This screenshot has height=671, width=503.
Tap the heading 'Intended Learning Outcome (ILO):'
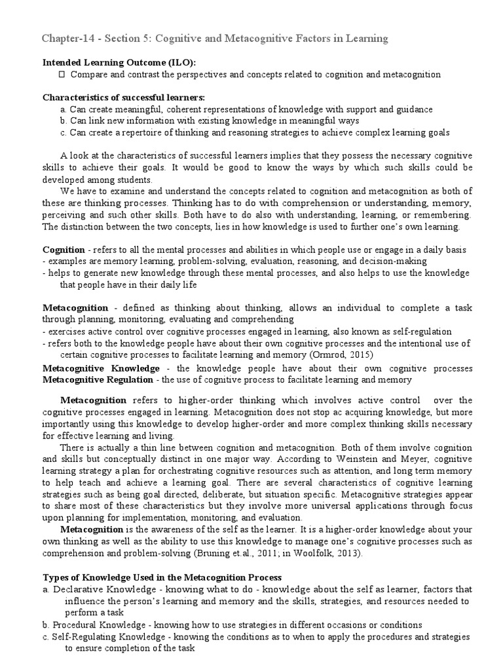pos(119,62)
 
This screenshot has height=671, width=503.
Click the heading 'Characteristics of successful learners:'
pos(124,98)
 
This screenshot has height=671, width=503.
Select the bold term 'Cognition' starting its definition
pos(64,250)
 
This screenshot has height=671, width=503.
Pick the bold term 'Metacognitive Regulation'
pos(100,379)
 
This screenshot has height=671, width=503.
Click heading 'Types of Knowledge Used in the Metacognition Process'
pos(162,577)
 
